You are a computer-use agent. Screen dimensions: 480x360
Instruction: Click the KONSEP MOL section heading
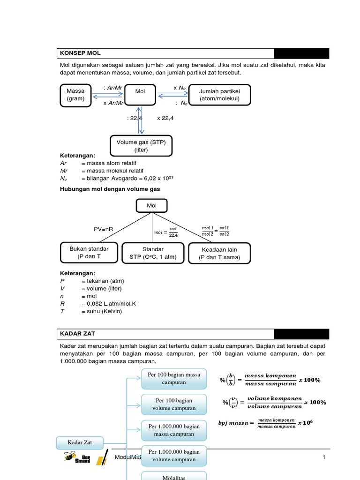point(80,53)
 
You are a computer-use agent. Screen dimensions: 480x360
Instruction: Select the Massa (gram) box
point(75,95)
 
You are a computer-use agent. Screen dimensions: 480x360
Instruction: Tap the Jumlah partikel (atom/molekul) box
point(219,95)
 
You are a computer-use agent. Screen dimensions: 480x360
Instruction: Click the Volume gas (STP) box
point(141,146)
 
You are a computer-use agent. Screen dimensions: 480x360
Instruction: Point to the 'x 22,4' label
point(165,119)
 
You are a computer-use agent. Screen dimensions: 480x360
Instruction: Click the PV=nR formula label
point(104,229)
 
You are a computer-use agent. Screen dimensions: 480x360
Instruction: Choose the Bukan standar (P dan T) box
point(89,253)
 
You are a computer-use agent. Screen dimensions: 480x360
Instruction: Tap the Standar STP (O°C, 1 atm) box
point(153,253)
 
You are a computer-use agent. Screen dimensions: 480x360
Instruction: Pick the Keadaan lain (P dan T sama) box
point(219,254)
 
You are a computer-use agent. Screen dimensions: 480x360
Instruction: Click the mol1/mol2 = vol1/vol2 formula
point(216,230)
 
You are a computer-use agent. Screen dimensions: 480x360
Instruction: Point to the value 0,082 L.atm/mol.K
point(112,304)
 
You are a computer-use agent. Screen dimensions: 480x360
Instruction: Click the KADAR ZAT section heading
point(78,334)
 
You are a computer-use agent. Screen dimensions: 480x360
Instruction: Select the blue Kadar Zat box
point(80,442)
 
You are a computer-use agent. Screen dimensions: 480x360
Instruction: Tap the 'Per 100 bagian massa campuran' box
point(174,378)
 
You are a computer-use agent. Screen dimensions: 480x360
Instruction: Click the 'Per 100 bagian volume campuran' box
point(174,405)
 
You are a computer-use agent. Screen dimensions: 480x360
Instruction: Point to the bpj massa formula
point(265,423)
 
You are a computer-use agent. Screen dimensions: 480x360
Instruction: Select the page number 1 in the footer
point(324,457)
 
